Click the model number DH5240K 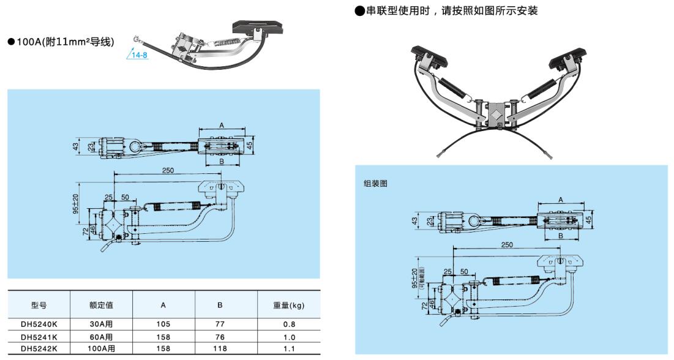point(39,324)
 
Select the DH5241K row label point(39,337)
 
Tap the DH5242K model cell point(39,348)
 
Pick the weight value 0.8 point(288,324)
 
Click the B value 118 point(220,348)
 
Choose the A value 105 point(163,324)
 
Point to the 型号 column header point(39,305)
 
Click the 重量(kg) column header point(288,305)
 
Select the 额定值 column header point(101,305)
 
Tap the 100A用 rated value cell point(101,348)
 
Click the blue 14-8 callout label point(140,55)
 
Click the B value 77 point(220,324)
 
